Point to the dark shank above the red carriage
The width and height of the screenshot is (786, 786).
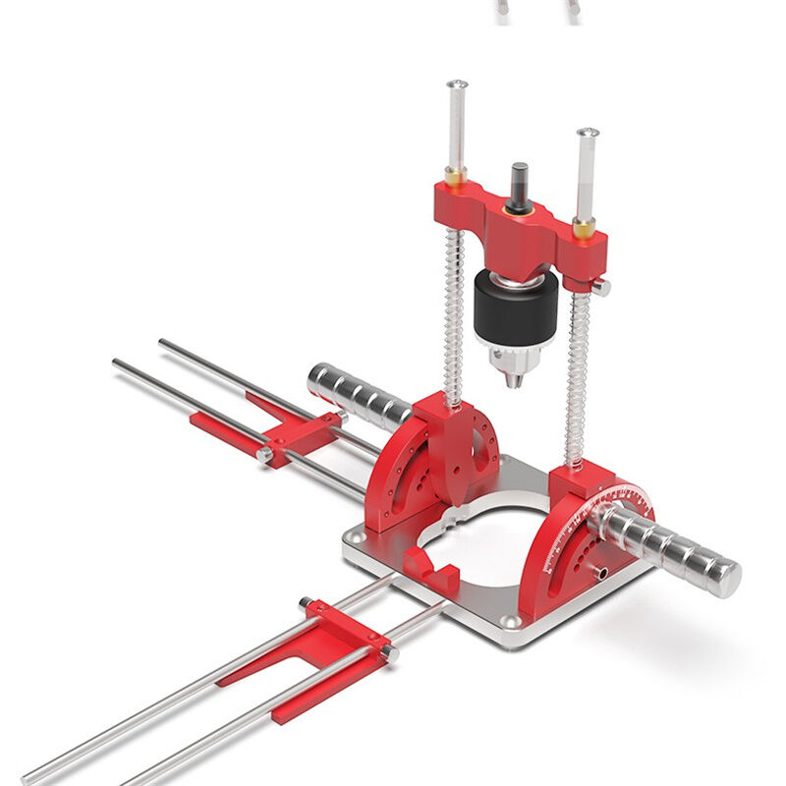(519, 184)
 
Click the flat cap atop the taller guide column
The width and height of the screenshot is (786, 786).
(457, 85)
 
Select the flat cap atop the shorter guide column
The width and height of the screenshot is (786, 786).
(588, 132)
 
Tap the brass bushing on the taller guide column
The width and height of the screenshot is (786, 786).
(454, 177)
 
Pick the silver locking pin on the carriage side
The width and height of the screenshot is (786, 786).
(600, 286)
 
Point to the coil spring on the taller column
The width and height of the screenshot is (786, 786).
(453, 314)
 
